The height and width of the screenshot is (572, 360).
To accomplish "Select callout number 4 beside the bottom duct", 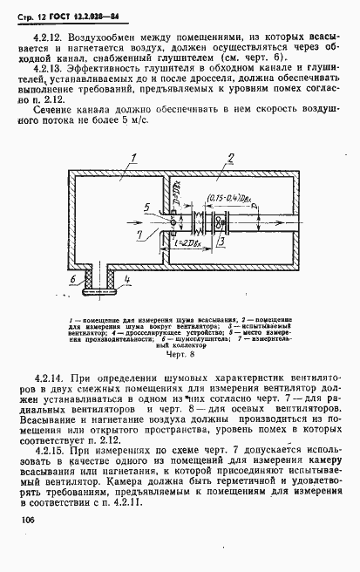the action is [128, 279].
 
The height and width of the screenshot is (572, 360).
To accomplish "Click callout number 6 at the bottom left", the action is [75, 279].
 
